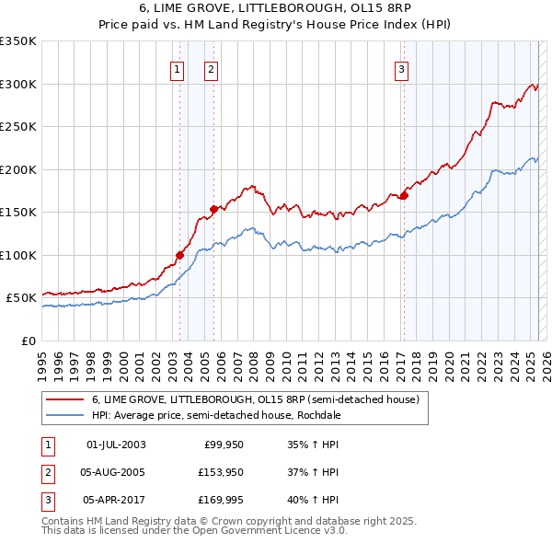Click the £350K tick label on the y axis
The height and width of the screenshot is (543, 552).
18,41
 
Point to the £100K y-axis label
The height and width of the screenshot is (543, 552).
18,255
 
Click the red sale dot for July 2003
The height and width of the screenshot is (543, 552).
180,255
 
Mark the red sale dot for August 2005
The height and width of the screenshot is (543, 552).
213,209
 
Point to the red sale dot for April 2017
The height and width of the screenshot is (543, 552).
404,195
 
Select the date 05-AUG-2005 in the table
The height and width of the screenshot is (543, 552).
116,472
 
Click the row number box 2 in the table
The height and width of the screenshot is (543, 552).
47,472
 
